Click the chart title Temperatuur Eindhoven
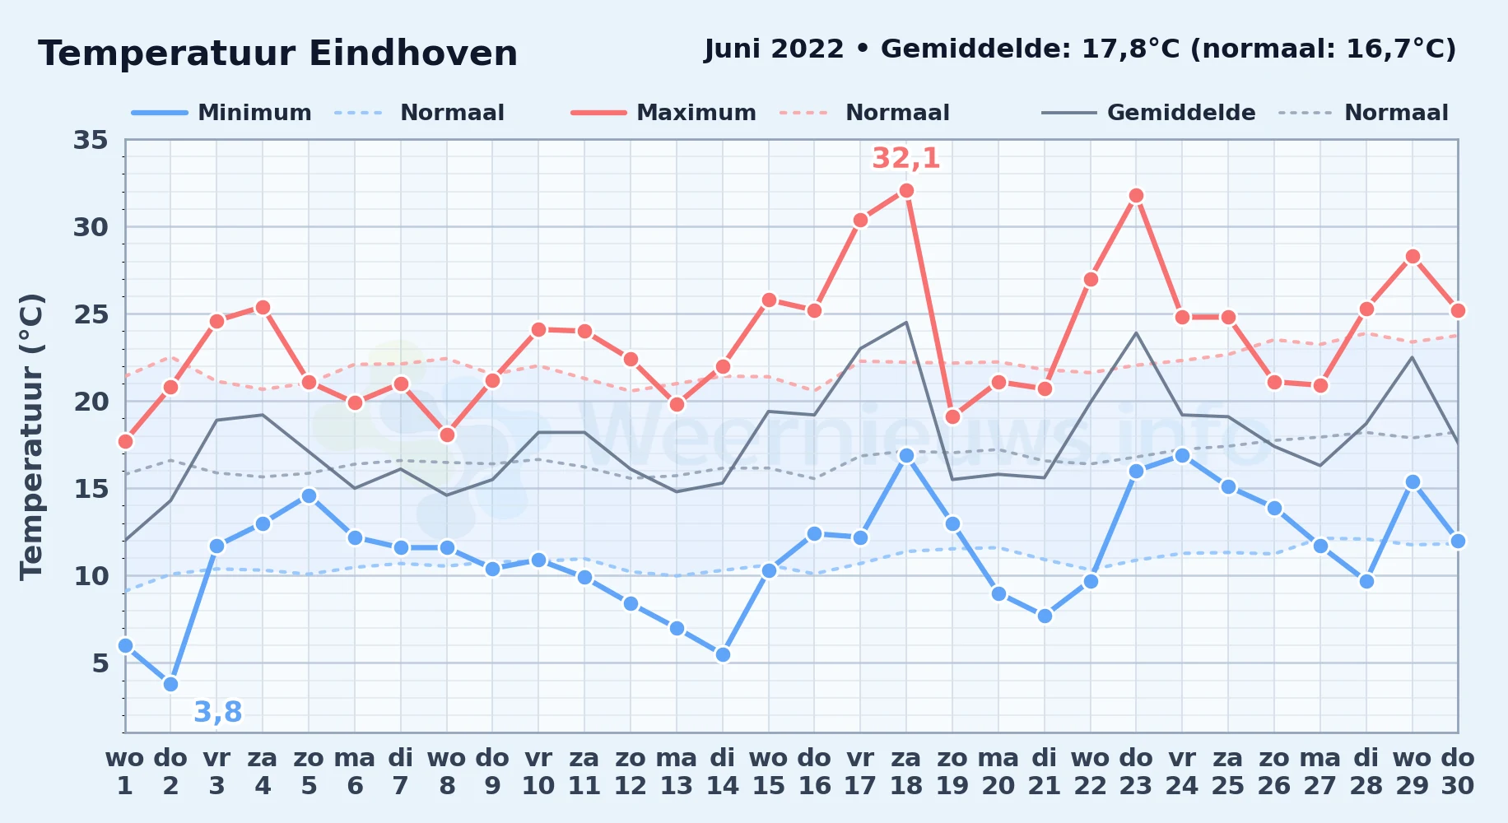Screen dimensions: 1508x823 [x=277, y=53]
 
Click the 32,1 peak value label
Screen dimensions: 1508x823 [x=906, y=158]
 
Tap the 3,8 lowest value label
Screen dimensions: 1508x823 [x=218, y=712]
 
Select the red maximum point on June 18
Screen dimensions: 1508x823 [x=906, y=191]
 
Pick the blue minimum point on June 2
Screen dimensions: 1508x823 [x=170, y=684]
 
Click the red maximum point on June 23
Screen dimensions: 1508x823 [x=1136, y=196]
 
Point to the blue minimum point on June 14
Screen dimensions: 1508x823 [x=723, y=654]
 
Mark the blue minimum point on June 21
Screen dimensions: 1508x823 [x=1045, y=616]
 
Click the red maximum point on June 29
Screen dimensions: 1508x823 [x=1413, y=257]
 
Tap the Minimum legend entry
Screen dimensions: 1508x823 [x=221, y=113]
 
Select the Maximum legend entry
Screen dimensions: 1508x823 [x=663, y=113]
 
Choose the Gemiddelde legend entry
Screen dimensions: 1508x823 [x=1148, y=113]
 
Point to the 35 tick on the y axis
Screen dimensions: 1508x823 [x=91, y=140]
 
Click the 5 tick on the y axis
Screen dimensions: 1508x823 [x=100, y=663]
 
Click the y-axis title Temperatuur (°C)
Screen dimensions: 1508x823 [x=31, y=436]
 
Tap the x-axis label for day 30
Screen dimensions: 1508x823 [x=1458, y=772]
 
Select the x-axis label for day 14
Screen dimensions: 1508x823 [x=723, y=772]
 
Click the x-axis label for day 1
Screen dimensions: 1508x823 [x=125, y=772]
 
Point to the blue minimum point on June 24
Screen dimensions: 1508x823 [x=1182, y=455]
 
